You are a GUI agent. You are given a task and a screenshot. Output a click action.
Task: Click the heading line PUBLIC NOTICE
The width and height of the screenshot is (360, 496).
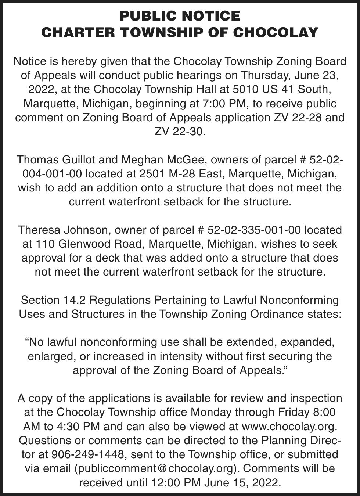click(180, 16)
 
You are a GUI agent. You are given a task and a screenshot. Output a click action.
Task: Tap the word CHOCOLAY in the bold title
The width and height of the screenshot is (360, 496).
click(276, 32)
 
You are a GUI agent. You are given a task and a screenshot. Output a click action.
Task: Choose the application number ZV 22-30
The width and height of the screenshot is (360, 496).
click(180, 132)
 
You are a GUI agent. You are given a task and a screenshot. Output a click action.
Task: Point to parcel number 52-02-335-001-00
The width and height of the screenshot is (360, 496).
click(254, 230)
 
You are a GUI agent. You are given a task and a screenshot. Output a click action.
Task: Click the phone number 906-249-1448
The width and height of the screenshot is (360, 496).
click(88, 454)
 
